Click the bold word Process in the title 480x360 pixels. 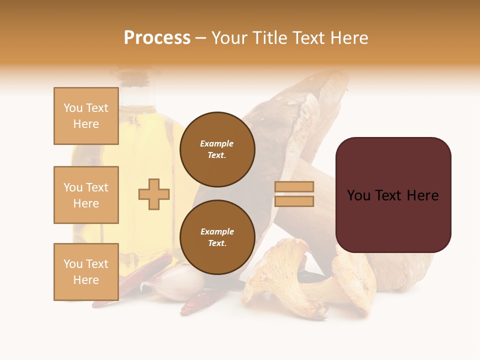157,38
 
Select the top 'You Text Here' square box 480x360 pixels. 86,116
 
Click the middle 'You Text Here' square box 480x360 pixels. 86,195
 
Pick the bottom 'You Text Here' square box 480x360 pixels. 86,272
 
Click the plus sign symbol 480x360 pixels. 154,194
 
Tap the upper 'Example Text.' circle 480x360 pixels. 217,149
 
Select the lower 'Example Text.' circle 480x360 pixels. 217,237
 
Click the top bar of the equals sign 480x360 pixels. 294,186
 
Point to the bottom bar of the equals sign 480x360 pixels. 294,201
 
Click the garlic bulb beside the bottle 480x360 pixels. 172,285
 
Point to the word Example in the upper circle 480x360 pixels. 217,143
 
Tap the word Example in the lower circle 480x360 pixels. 217,231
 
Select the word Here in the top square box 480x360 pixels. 86,124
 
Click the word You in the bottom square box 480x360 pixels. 72,264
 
